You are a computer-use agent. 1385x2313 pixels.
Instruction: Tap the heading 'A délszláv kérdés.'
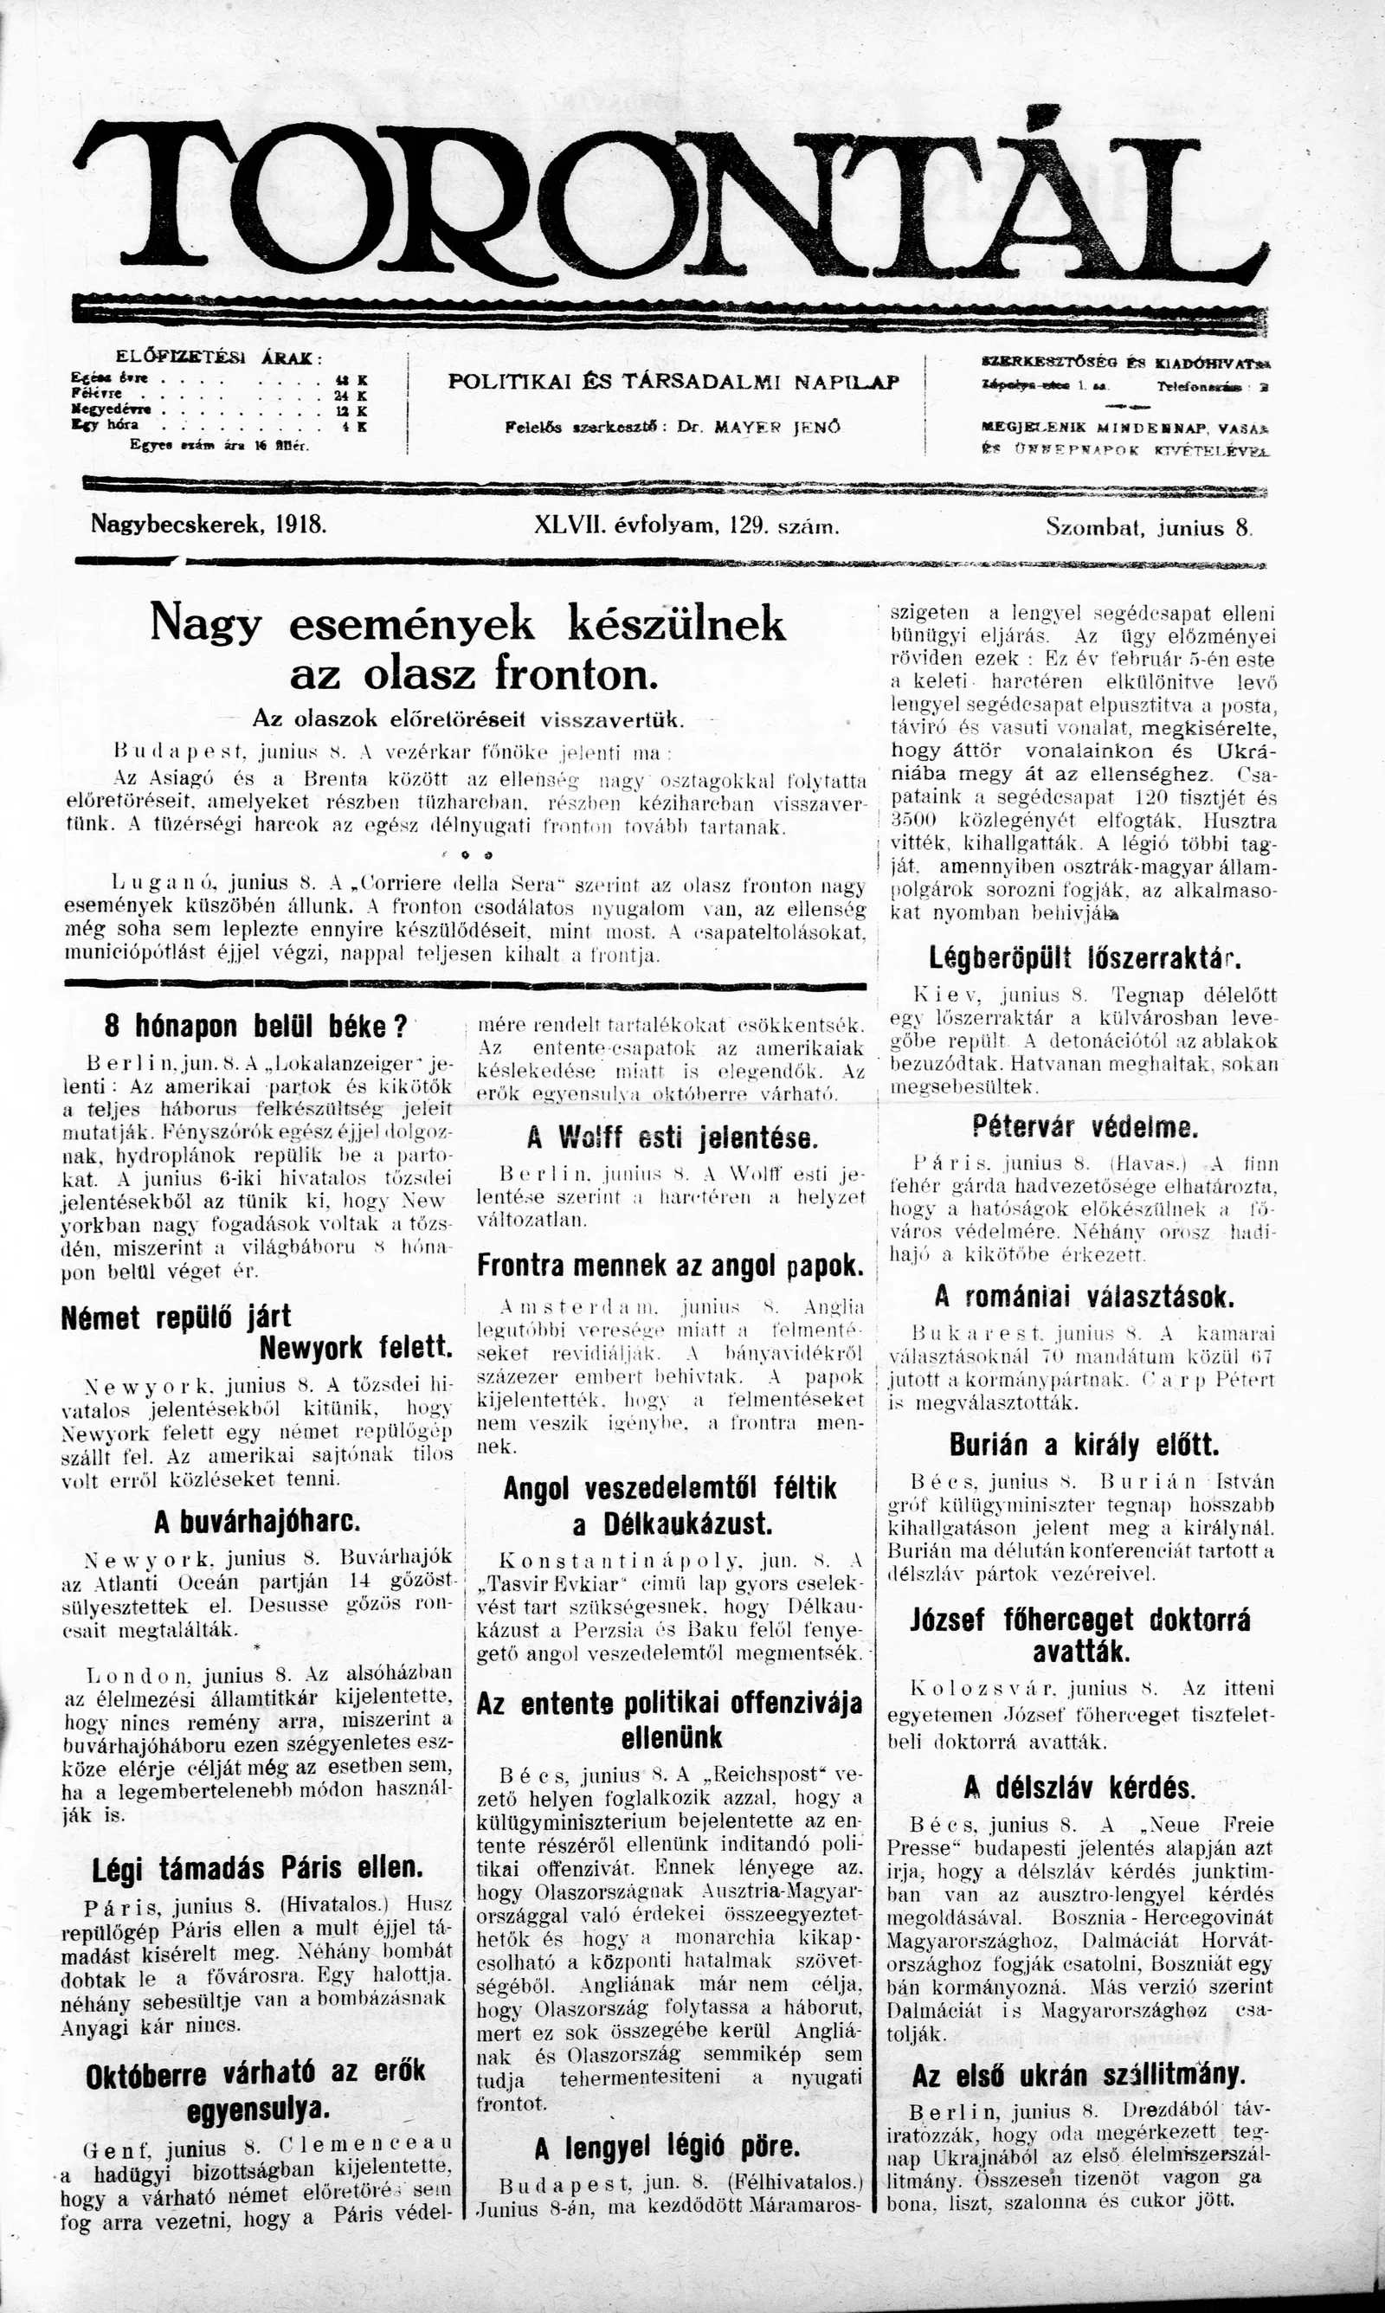[1079, 1788]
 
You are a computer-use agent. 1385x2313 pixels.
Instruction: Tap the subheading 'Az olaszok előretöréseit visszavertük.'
[468, 719]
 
